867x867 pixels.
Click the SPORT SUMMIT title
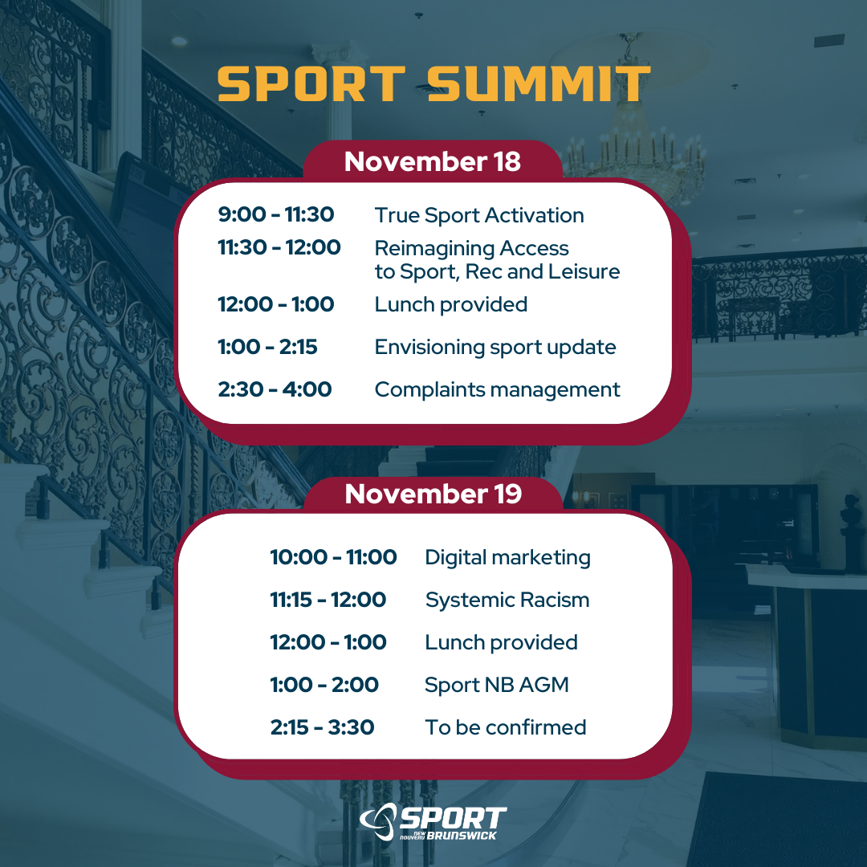pos(433,83)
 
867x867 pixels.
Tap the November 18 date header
pos(433,161)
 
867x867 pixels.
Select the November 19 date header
pos(433,494)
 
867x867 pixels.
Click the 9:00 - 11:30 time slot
pos(276,215)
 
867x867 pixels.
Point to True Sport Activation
pos(479,215)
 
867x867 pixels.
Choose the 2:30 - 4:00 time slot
pos(275,389)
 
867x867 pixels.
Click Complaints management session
pos(497,389)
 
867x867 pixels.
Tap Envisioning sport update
pos(495,347)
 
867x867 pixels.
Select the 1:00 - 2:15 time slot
pos(267,347)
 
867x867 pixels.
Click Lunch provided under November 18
pos(450,304)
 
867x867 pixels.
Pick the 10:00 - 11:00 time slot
pos(333,557)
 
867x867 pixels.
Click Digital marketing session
pos(507,557)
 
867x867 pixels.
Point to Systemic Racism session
pos(507,600)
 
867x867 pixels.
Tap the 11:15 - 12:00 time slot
pos(328,600)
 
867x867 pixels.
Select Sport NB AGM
pos(496,685)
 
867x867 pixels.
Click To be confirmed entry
pos(506,727)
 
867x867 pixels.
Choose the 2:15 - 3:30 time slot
pos(322,727)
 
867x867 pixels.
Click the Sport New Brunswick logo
pos(433,822)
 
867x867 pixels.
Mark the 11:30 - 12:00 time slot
pos(279,248)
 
